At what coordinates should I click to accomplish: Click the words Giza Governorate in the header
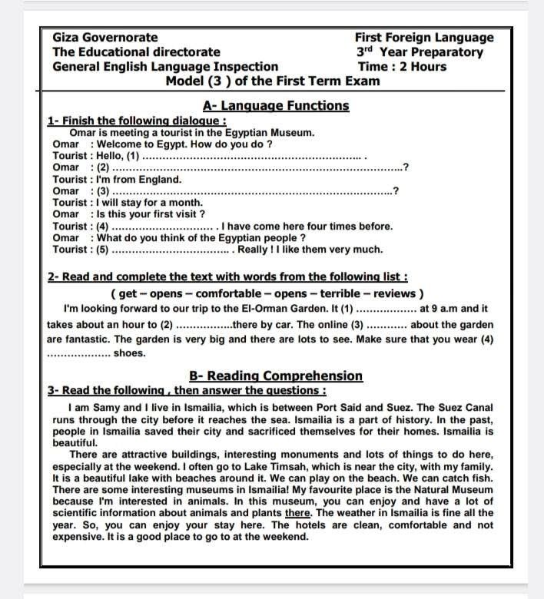(105, 38)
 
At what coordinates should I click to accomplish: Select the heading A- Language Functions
(276, 106)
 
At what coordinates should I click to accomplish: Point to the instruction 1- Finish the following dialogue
(138, 121)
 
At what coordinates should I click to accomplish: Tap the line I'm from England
(138, 180)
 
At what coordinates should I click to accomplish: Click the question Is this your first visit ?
(148, 214)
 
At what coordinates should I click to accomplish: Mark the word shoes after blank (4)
(130, 353)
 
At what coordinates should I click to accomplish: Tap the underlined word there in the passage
(297, 513)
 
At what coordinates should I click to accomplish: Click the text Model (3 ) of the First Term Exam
(273, 81)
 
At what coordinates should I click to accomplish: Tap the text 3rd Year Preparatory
(420, 52)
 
